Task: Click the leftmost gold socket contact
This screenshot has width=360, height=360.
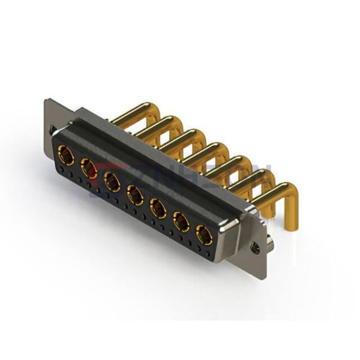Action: [66, 158]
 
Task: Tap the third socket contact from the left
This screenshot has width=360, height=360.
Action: [112, 181]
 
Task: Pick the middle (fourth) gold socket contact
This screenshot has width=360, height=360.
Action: [134, 194]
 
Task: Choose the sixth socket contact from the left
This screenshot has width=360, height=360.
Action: [181, 222]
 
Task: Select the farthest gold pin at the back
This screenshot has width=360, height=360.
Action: [129, 112]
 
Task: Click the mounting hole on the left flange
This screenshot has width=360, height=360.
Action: [52, 129]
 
